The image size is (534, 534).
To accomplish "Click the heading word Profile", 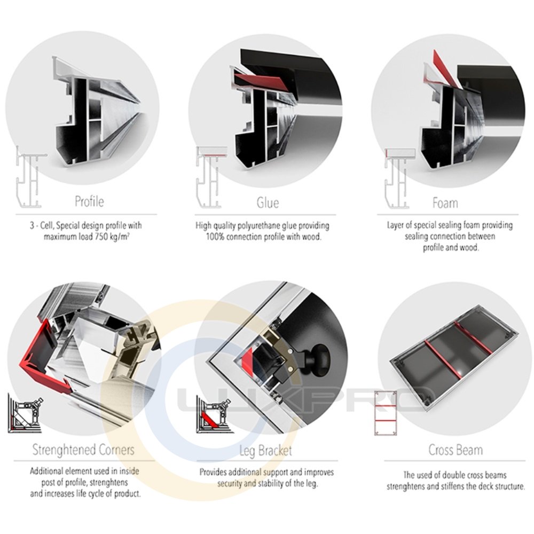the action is tap(89, 201).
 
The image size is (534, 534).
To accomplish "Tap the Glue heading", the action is tap(268, 202).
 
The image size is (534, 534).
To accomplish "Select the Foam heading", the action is tap(445, 203).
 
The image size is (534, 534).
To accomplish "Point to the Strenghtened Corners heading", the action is tap(83, 450).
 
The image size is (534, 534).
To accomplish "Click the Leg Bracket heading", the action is tap(265, 451).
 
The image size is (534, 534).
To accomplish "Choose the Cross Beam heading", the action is tap(456, 450).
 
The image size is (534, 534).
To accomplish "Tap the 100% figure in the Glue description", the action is tap(215, 237).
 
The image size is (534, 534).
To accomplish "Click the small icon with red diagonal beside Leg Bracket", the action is tap(215, 414).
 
